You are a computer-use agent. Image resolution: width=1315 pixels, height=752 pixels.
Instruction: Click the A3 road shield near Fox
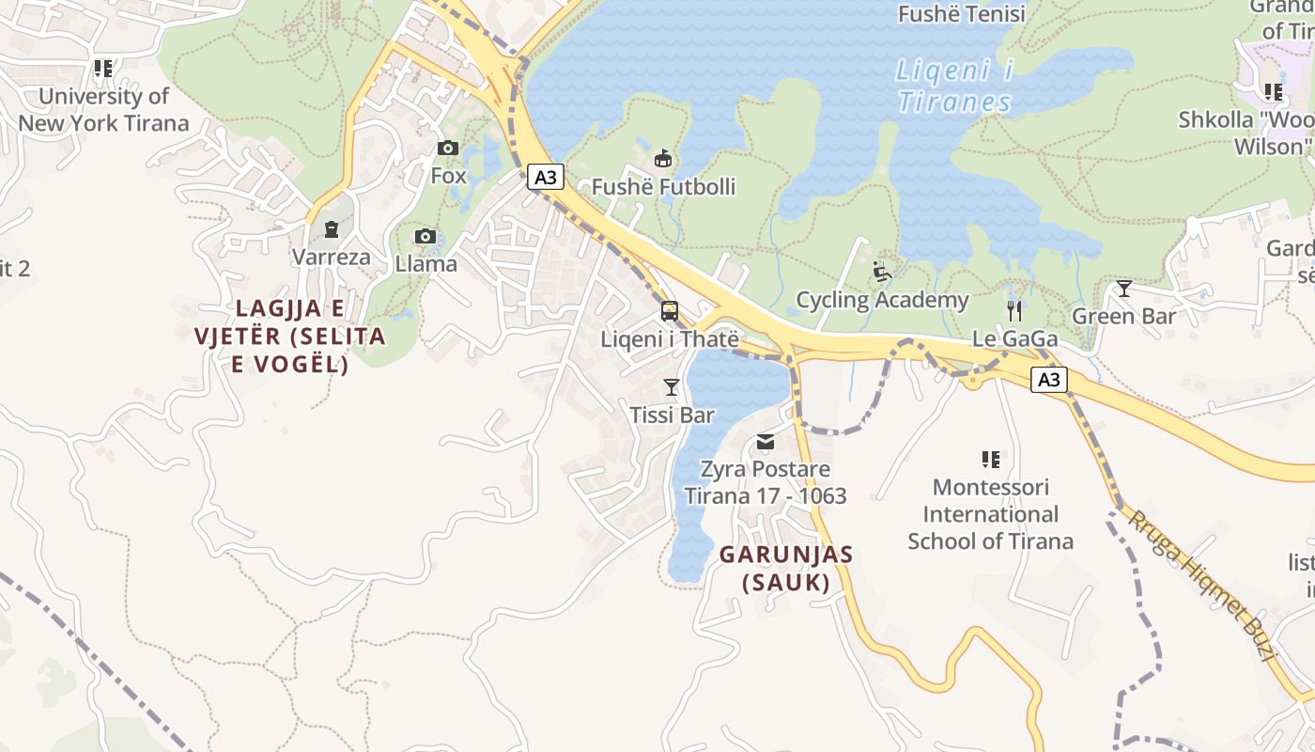tap(545, 177)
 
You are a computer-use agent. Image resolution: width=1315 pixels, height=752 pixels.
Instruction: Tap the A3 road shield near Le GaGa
tap(1049, 380)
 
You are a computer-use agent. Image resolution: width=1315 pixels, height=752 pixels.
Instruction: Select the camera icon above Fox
tap(448, 148)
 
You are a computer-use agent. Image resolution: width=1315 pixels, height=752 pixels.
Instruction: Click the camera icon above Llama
tap(425, 236)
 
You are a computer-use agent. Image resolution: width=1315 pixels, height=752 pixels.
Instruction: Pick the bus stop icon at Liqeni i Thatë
tap(670, 311)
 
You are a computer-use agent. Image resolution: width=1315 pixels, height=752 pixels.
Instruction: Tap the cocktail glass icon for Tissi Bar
tap(671, 386)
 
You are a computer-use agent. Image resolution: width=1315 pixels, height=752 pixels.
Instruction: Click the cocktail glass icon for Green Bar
tap(1123, 288)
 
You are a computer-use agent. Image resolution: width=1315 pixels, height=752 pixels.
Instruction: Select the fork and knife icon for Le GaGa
tap(1013, 310)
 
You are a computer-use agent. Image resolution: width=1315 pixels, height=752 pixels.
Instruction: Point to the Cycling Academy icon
tap(881, 272)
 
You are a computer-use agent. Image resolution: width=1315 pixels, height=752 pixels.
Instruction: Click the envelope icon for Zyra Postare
tap(766, 441)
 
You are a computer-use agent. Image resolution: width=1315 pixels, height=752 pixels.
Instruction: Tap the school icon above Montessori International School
tap(990, 459)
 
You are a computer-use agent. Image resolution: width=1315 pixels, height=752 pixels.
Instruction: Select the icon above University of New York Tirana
tap(102, 68)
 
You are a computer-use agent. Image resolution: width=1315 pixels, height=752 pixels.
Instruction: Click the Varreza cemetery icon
tap(331, 228)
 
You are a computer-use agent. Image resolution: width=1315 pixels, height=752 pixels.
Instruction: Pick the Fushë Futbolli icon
tap(663, 158)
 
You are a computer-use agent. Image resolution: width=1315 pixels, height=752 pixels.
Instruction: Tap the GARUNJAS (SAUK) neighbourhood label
tap(786, 569)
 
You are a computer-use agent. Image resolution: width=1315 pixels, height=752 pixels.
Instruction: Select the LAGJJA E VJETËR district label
tap(289, 336)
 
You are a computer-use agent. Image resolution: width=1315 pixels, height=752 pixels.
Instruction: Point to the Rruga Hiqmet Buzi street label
tap(1201, 587)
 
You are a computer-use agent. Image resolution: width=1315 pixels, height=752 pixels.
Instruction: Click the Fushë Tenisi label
tap(961, 14)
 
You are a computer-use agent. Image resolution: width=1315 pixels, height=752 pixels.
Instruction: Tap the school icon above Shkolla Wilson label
tap(1273, 91)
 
